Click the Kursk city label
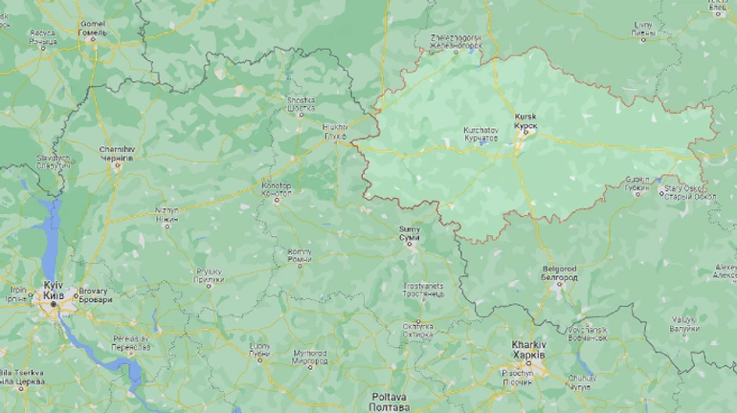coord(525,120)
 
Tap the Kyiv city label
coord(54,291)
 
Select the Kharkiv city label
coord(528,349)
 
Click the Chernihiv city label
coord(117,155)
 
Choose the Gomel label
coord(93,28)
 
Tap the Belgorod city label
coord(559,274)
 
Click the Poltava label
coord(391,402)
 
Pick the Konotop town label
coord(277,188)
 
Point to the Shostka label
coord(301,104)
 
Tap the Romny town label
coord(299,255)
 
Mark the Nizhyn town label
coord(167,216)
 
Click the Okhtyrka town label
coord(417,330)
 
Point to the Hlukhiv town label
coord(335,131)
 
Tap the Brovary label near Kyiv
coord(94,294)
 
